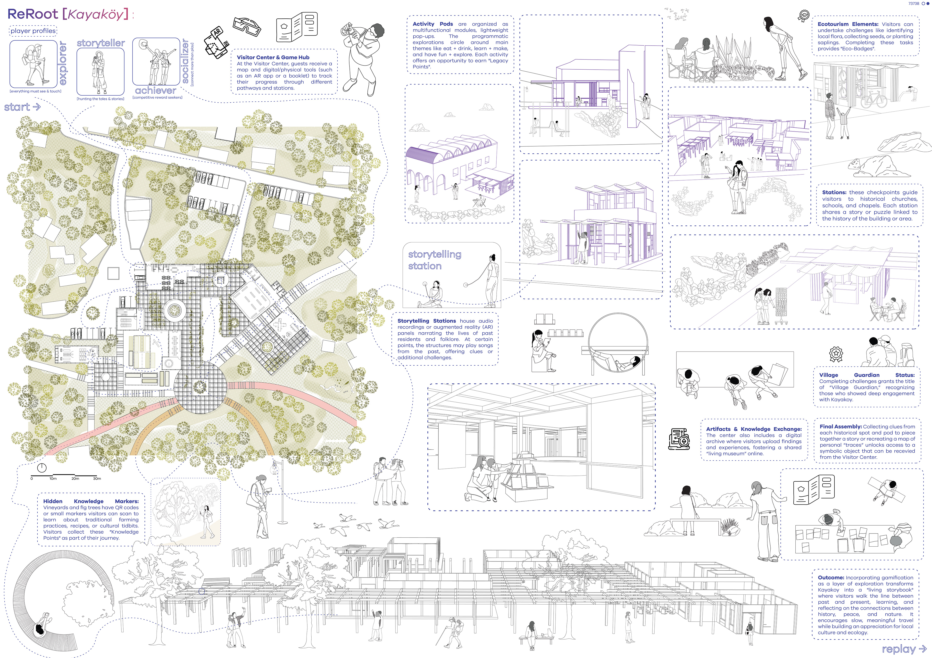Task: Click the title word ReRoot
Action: (x=33, y=14)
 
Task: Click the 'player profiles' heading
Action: (x=33, y=31)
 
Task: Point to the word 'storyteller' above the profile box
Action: (x=101, y=43)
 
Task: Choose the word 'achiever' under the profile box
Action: (x=156, y=90)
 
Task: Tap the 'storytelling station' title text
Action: (x=434, y=260)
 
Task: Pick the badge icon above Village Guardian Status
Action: (x=836, y=354)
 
